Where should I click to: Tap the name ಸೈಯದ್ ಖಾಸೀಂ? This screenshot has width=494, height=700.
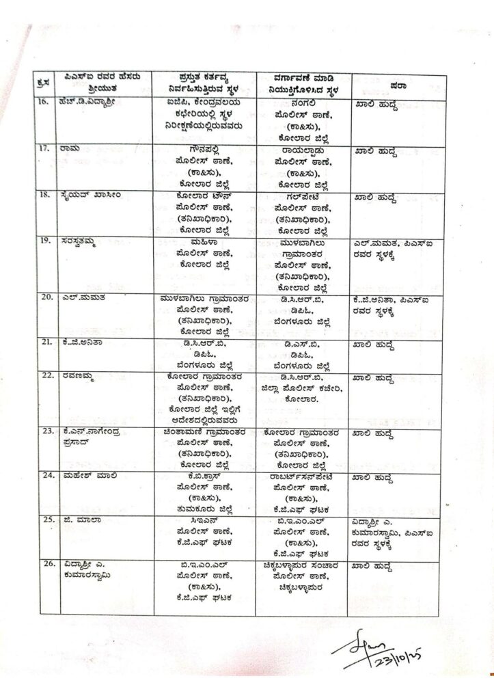click(x=90, y=194)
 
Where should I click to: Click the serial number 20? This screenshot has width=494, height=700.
click(x=46, y=298)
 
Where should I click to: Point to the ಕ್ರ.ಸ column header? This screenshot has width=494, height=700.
click(x=44, y=85)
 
